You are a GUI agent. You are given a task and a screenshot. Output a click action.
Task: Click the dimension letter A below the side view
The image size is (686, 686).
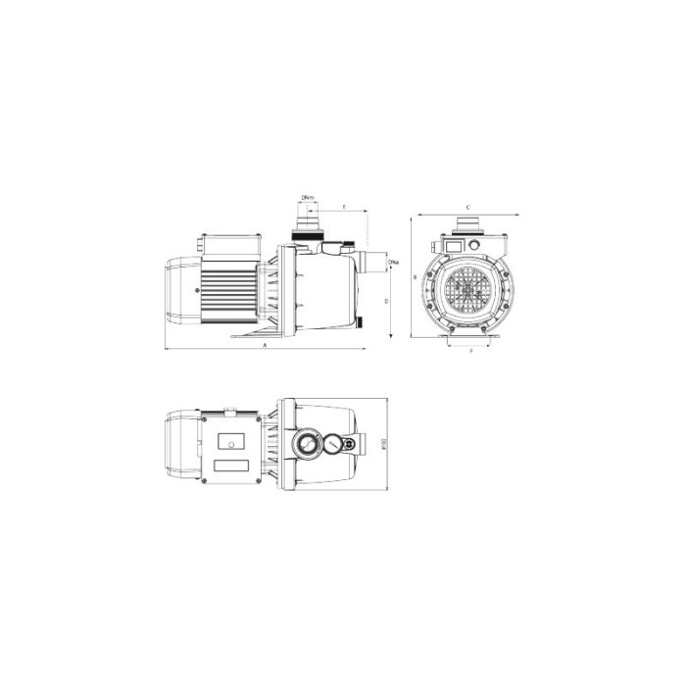tap(265, 347)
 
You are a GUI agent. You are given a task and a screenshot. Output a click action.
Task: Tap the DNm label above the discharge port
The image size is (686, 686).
tap(308, 199)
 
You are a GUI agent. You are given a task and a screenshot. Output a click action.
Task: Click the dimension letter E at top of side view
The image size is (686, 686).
tap(345, 207)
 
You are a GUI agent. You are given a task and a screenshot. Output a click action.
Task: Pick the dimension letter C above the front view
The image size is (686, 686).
tap(469, 207)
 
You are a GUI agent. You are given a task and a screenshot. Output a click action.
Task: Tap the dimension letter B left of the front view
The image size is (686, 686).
tap(416, 278)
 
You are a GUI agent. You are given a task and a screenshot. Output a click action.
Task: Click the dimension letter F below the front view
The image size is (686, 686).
tap(470, 349)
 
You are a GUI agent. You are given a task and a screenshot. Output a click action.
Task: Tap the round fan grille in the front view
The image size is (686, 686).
tap(471, 291)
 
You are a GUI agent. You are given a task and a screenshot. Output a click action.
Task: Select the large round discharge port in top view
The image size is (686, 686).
tap(307, 445)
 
